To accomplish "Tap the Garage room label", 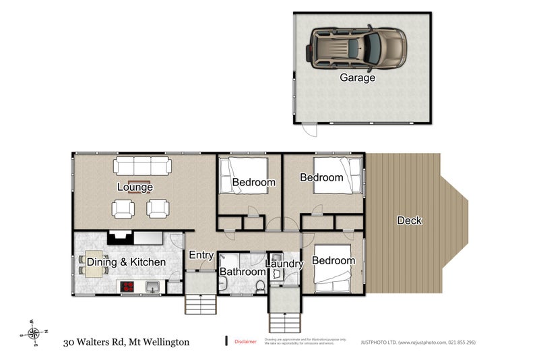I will point(357,78).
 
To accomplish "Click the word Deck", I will point(409,220).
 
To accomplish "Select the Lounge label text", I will point(135,187).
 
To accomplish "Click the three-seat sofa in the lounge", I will point(142,166).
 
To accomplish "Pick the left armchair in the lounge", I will point(123,209).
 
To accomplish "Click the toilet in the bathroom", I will point(259,287).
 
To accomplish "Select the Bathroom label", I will point(243,272).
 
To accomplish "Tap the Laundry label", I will point(284,264).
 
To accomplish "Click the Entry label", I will point(201,255).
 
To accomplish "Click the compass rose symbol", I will point(34,332).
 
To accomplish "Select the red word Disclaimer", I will point(245,342).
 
